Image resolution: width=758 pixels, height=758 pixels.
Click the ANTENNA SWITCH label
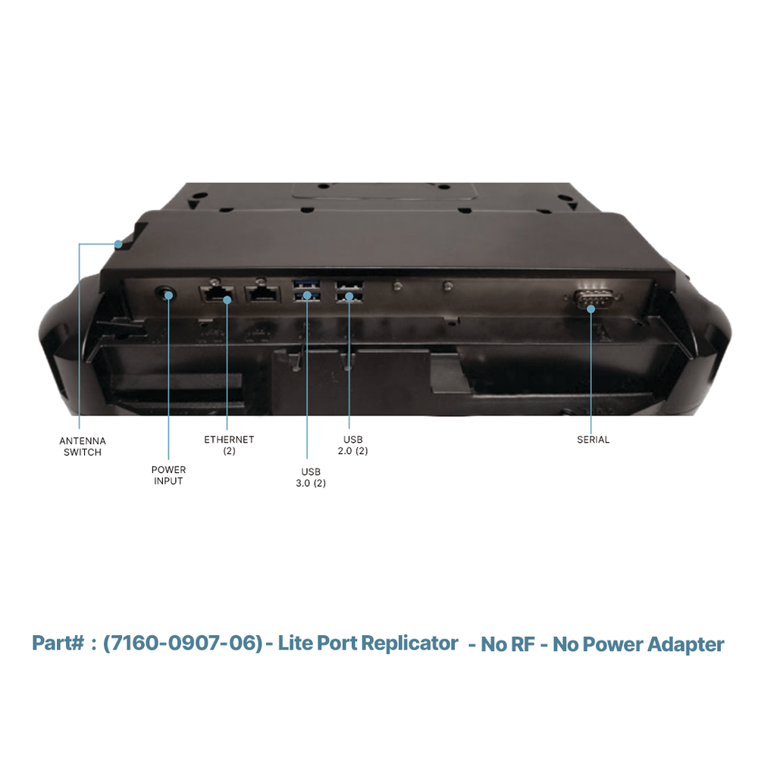click(x=83, y=446)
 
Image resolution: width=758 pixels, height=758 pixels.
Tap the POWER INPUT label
click(x=168, y=475)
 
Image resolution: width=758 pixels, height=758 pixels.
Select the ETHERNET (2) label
click(x=229, y=445)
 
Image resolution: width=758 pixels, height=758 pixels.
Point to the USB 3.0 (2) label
click(x=311, y=477)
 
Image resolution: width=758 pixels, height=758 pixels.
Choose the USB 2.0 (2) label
click(x=353, y=445)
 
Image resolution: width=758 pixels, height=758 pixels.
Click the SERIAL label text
click(x=594, y=440)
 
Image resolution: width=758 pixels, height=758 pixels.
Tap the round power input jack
click(x=164, y=293)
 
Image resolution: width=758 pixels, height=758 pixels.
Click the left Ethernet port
click(x=217, y=293)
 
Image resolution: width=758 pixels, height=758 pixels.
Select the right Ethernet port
click(x=262, y=293)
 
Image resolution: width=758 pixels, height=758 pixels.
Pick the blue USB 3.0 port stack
click(x=306, y=290)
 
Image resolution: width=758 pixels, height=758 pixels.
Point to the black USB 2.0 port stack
click(x=349, y=292)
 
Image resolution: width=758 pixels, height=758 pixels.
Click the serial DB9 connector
click(x=593, y=299)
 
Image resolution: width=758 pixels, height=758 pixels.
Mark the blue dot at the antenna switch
click(x=118, y=244)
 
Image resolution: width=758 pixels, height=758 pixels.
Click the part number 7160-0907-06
click(x=183, y=644)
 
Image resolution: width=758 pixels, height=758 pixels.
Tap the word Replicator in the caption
click(x=409, y=644)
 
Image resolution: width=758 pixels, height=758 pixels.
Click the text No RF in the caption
click(x=508, y=644)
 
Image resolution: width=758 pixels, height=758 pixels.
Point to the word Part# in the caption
click(x=58, y=644)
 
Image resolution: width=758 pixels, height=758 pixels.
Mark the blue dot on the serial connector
click(x=590, y=309)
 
